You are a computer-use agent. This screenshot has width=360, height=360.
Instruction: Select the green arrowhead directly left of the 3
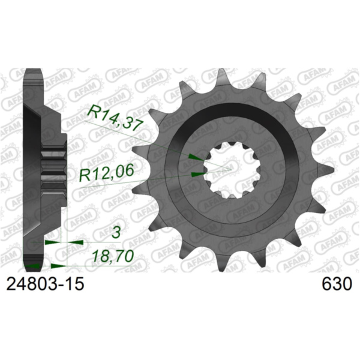[53, 242]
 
